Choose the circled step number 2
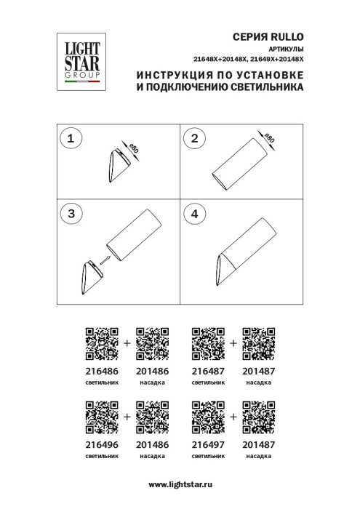click(x=194, y=138)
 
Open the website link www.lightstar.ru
click(x=180, y=484)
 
